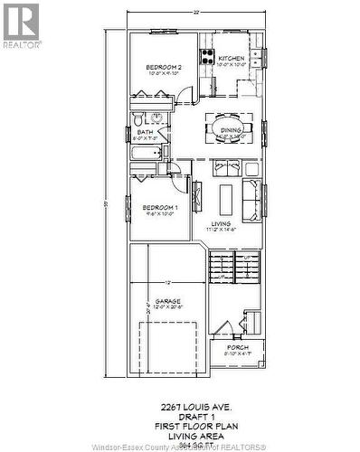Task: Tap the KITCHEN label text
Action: tap(232, 58)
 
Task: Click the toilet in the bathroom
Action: tap(136, 120)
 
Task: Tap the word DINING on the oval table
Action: tap(231, 130)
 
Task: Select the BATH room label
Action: tap(145, 132)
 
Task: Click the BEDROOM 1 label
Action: tap(159, 208)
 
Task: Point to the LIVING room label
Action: tap(221, 223)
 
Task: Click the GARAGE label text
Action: tap(168, 301)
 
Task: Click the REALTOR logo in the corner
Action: tap(21, 25)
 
